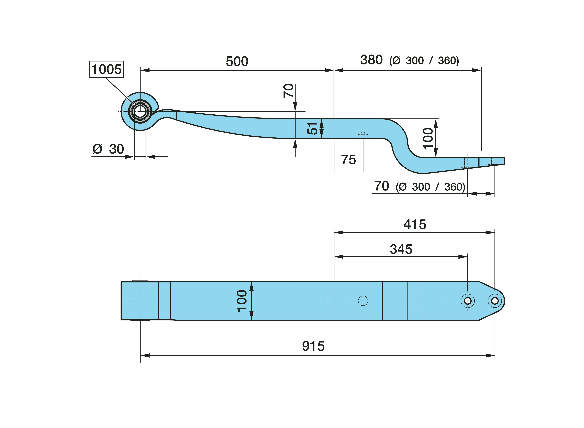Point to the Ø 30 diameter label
[x=108, y=149]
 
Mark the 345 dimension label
[x=401, y=249]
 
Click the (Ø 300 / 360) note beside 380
[x=424, y=61]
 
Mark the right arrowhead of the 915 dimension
[x=490, y=355]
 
